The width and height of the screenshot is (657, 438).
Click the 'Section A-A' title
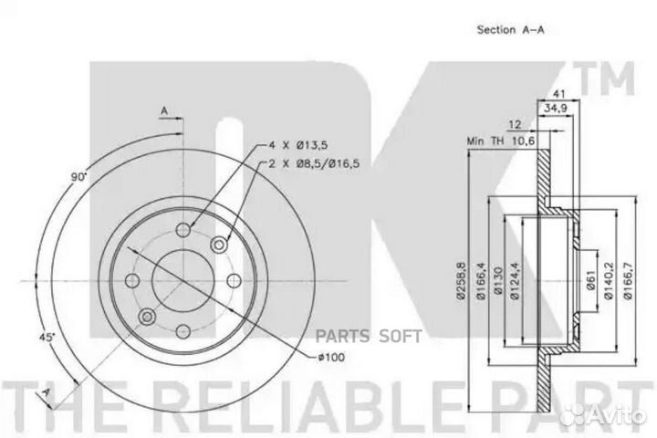click(x=511, y=30)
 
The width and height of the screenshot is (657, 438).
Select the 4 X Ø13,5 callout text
click(x=298, y=145)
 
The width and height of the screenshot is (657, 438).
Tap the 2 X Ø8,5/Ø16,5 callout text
click(x=314, y=163)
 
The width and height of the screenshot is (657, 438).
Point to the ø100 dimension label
click(x=331, y=357)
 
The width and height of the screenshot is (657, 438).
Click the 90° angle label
click(x=78, y=177)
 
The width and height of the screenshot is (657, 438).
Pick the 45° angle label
click(x=47, y=337)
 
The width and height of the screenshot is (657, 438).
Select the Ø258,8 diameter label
click(x=461, y=281)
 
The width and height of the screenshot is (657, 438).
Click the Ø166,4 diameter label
click(x=481, y=281)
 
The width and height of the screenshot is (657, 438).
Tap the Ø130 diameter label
click(x=498, y=281)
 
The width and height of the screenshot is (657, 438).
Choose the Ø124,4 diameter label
click(x=515, y=281)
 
